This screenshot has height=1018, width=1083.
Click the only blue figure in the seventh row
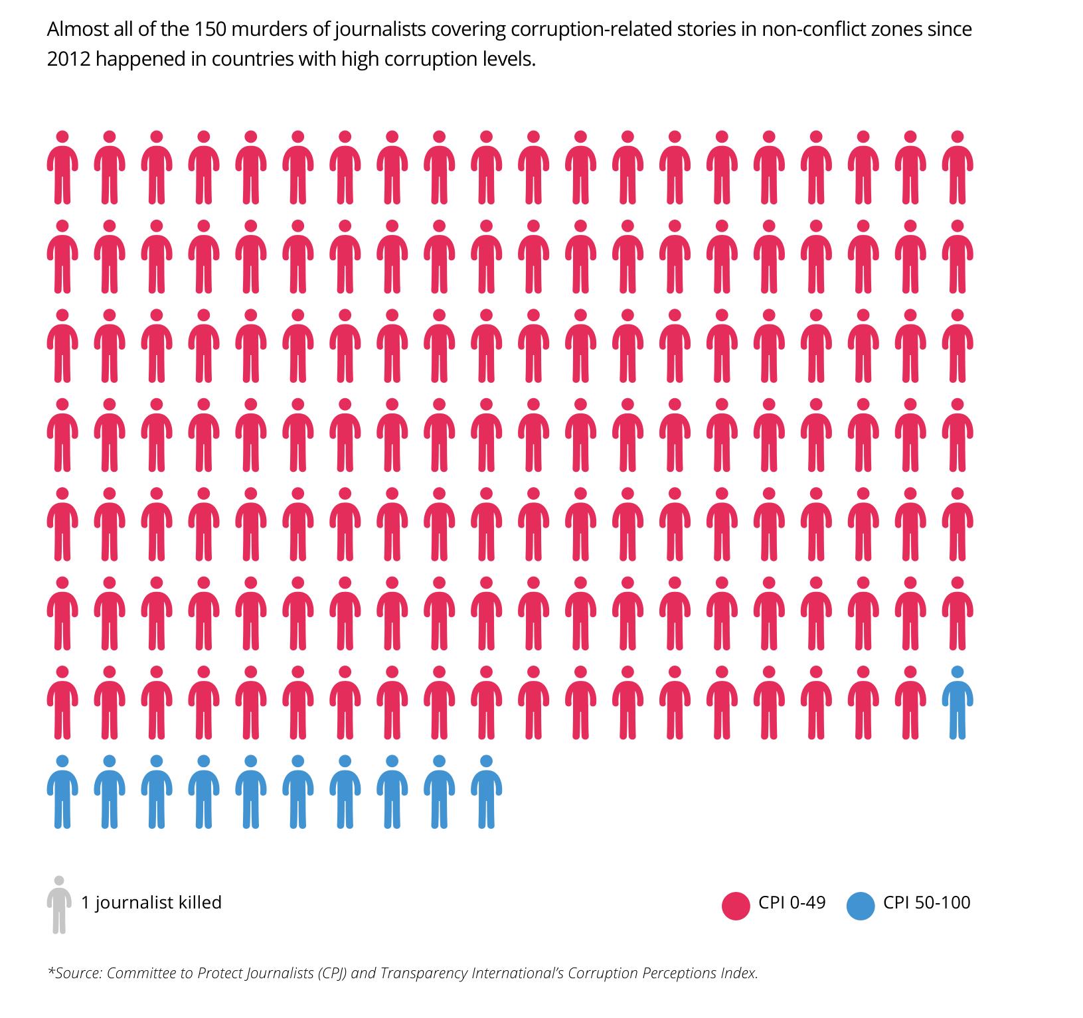[957, 702]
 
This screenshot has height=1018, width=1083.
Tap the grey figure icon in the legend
[59, 905]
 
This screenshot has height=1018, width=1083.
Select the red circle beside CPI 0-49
[735, 906]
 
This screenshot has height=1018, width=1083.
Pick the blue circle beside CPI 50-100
[861, 906]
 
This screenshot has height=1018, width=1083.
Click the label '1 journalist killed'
[151, 903]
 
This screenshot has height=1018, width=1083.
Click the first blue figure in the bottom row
[62, 791]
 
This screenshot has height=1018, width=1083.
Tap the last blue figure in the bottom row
[486, 791]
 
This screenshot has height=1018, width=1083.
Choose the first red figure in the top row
[62, 167]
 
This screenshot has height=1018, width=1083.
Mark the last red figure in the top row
[957, 167]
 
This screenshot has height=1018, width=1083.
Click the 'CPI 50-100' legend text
[927, 903]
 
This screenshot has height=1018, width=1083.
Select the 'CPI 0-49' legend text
[792, 903]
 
